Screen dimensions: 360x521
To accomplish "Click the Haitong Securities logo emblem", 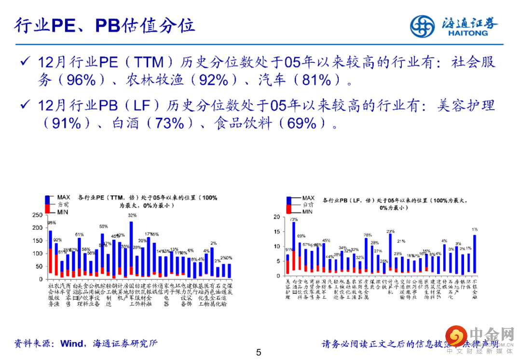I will click(423, 26).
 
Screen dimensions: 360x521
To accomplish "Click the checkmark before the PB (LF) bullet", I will click(25, 105).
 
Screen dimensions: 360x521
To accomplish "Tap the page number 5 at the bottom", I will click(259, 353).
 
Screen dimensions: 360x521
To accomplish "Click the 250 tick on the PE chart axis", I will click(37, 214).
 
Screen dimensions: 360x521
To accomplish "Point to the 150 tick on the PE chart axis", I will click(37, 240).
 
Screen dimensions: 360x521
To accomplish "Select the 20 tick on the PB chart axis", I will click(276, 217).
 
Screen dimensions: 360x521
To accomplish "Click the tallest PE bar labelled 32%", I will click(131, 249).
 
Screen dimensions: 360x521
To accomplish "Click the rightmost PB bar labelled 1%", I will click(475, 253).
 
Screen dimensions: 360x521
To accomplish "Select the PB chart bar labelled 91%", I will click(288, 263).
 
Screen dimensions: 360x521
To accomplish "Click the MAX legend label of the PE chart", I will click(64, 197).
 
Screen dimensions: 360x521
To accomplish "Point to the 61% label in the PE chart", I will click(79, 235).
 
